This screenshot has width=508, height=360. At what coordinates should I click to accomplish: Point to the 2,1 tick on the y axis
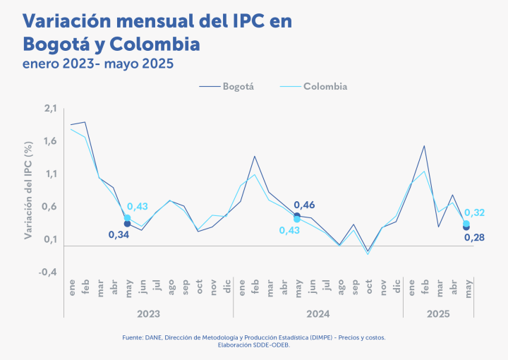click(x=49, y=108)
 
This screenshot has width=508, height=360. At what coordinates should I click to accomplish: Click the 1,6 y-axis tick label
click(x=49, y=141)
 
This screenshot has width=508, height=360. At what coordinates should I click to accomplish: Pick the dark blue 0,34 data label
click(x=119, y=234)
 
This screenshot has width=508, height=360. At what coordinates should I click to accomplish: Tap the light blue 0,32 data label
click(x=474, y=212)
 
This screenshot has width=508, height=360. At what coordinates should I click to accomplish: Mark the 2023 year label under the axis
click(x=148, y=313)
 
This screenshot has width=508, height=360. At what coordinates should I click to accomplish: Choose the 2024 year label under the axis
click(x=318, y=313)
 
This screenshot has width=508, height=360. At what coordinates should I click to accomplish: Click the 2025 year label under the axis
click(x=438, y=313)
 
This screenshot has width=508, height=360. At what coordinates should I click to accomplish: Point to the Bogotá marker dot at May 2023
click(x=127, y=224)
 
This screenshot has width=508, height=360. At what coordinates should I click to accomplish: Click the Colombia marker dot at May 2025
click(x=466, y=224)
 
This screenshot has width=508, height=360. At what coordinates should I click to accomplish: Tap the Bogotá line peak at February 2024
click(x=255, y=156)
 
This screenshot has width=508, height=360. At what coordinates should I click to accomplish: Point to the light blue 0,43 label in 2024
click(x=289, y=231)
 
